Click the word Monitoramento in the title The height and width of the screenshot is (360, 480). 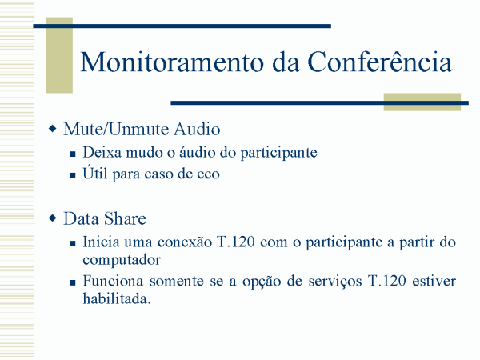tap(172, 62)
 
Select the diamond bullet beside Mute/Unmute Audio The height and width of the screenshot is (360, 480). tap(53, 129)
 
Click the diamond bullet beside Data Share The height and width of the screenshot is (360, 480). tap(53, 218)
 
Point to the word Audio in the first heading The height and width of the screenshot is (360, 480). tap(197, 129)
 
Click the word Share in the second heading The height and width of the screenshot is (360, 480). tap(125, 218)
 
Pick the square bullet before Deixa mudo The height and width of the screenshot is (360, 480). tap(73, 154)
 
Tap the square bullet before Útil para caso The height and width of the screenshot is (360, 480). tap(73, 175)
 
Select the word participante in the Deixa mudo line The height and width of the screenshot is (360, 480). tap(278, 153)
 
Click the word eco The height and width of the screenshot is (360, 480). tap(209, 174)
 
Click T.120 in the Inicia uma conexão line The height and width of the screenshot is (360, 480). tap(236, 242)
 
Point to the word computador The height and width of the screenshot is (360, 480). tap(122, 260)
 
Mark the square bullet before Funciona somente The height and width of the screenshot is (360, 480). tap(73, 282)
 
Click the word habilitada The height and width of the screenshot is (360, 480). tap(116, 298)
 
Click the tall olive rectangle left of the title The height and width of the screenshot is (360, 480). tap(59, 55)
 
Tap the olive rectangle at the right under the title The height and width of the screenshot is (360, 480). tap(422, 102)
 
